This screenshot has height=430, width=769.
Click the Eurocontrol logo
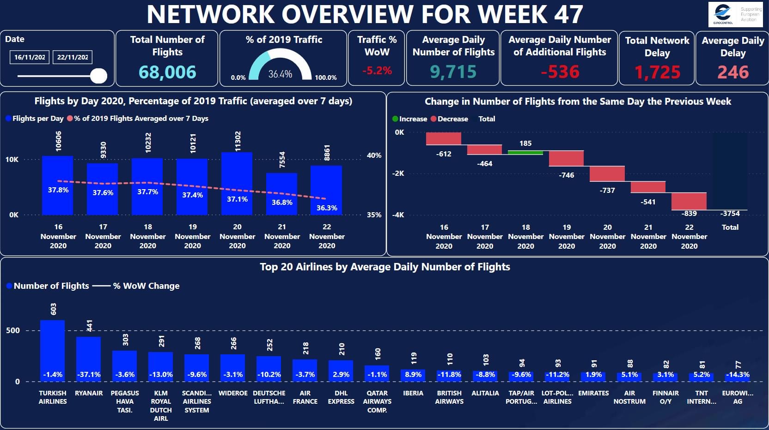[735, 14]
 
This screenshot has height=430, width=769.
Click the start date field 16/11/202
[29, 57]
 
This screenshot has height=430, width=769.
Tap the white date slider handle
[98, 76]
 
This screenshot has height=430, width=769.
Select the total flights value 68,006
[167, 72]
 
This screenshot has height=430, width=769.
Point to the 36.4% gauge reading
[280, 74]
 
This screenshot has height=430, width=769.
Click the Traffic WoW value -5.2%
[377, 71]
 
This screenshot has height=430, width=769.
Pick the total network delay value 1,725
[657, 72]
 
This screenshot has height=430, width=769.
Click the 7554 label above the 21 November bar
[282, 160]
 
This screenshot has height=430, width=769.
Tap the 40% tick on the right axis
[374, 155]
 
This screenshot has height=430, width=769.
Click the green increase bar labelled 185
[525, 152]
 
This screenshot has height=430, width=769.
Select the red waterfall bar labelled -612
[444, 138]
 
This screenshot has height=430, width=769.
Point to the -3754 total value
[730, 214]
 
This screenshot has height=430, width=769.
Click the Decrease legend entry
[452, 119]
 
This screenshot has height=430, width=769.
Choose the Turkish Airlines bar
[53, 351]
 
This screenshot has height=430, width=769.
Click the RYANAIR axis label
[89, 393]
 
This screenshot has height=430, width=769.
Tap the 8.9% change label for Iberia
[413, 375]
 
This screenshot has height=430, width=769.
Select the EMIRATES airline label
[593, 393]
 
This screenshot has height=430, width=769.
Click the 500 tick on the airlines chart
[13, 330]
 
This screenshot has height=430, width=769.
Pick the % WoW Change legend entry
[146, 286]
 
